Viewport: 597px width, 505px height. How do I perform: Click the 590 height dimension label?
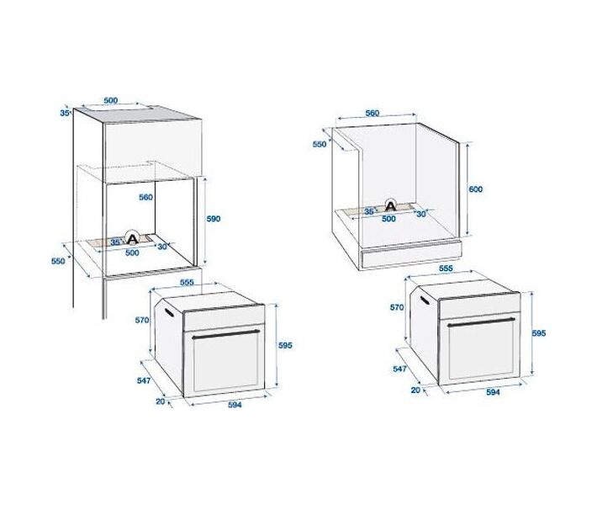coord(214,219)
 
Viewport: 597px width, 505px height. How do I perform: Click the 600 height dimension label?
coord(476,189)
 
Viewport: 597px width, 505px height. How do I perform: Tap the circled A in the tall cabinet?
coord(132,238)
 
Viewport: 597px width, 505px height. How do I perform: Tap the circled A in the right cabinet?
coord(391,205)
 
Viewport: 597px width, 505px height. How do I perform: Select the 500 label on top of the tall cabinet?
coord(111,101)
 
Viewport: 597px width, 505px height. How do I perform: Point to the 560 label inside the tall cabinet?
coord(145,197)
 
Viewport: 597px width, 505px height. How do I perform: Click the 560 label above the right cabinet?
coord(372,113)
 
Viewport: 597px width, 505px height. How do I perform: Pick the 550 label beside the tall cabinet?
coord(58,261)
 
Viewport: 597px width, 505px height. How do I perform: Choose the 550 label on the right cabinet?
coord(320,144)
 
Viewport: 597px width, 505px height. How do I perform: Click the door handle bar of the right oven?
coord(481,322)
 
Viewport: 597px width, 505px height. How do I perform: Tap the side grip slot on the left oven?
coord(168,312)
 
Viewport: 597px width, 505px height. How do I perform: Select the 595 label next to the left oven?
coord(285,345)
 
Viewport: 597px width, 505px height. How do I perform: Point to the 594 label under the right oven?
coord(493,392)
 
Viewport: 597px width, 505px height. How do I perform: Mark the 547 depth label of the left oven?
coord(144,380)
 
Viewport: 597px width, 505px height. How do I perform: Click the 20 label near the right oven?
coord(415,390)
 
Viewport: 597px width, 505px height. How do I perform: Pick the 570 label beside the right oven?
coord(397,307)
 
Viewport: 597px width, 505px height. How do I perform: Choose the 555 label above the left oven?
coord(187,283)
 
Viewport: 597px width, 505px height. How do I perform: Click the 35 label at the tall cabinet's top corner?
coord(65,113)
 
